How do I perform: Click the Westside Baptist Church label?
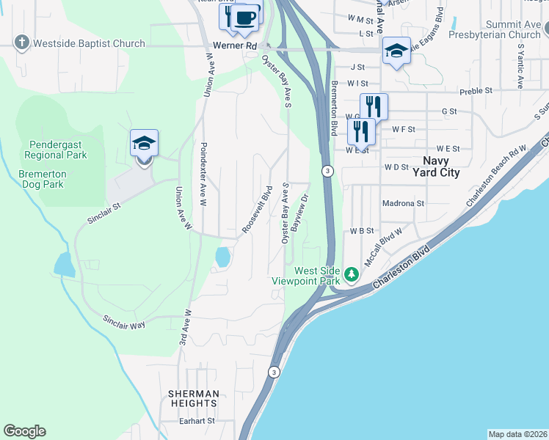coord(90,43)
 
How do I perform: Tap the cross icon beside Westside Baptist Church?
coord(23,43)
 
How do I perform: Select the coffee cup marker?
coord(246,18)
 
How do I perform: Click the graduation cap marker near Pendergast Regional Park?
coord(144,144)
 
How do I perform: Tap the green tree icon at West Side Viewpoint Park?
coord(352,274)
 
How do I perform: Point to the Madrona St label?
coord(403,203)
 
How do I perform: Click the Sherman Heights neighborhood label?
coord(193,398)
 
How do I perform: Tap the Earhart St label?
coord(197,421)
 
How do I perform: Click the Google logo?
coord(24,431)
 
